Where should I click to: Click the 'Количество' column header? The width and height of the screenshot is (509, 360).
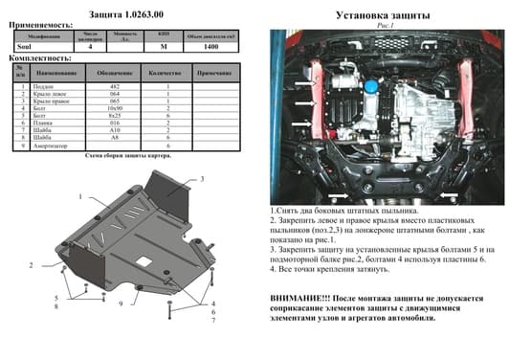point(159,73)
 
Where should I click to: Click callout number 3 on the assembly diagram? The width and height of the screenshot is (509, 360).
point(202,179)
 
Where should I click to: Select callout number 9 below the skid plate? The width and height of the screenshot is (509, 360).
point(121,304)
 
